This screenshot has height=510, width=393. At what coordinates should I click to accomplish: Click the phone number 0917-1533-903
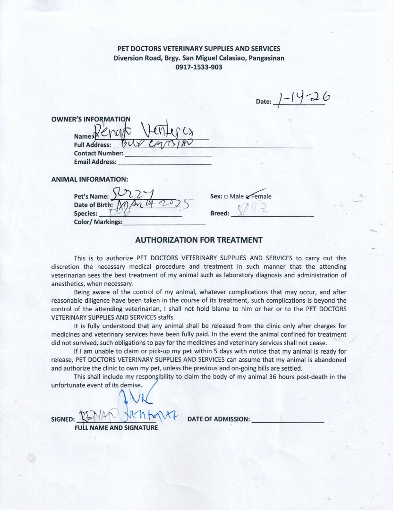tap(198, 67)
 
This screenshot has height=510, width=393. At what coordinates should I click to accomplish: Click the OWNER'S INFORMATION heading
tap(91, 119)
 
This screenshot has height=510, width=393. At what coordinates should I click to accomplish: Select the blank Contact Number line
tap(168, 154)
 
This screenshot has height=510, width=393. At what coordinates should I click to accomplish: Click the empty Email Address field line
tap(164, 162)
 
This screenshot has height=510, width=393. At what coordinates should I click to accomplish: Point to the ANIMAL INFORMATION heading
tap(89, 179)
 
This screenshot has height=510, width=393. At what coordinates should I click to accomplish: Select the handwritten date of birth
tap(151, 204)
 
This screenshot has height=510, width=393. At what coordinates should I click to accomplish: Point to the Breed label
tap(220, 213)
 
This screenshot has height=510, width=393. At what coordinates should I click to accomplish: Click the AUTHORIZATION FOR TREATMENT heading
tap(198, 240)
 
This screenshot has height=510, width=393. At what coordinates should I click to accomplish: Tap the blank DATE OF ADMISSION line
tap(288, 419)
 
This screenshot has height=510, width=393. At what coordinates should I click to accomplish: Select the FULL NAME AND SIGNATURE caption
tap(116, 428)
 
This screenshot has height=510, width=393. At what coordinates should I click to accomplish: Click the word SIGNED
tap(62, 419)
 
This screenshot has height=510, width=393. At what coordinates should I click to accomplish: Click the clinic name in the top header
tap(198, 49)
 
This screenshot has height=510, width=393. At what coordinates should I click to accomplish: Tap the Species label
tap(85, 213)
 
